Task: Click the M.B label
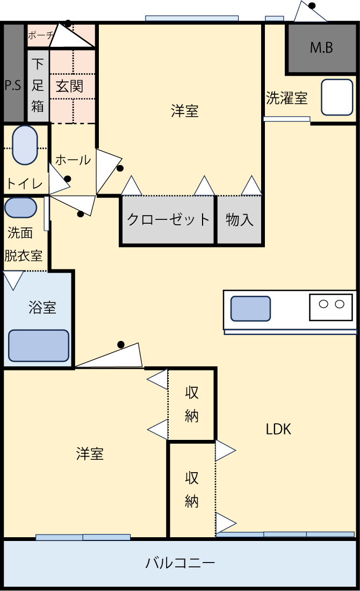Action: (321, 48)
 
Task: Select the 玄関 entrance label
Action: (70, 86)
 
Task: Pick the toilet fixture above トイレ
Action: (25, 145)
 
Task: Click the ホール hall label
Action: (73, 160)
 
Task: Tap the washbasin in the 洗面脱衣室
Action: (21, 208)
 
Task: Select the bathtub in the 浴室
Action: (39, 345)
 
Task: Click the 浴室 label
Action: (42, 308)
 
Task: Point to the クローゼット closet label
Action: (168, 219)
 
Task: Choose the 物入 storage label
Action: (239, 219)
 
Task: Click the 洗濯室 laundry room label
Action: (287, 98)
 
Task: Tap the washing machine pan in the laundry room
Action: (337, 97)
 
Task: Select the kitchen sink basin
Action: (250, 309)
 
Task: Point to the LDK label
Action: (278, 429)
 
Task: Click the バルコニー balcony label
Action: (180, 563)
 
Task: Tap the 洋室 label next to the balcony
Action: (90, 453)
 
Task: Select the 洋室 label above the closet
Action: (185, 111)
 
